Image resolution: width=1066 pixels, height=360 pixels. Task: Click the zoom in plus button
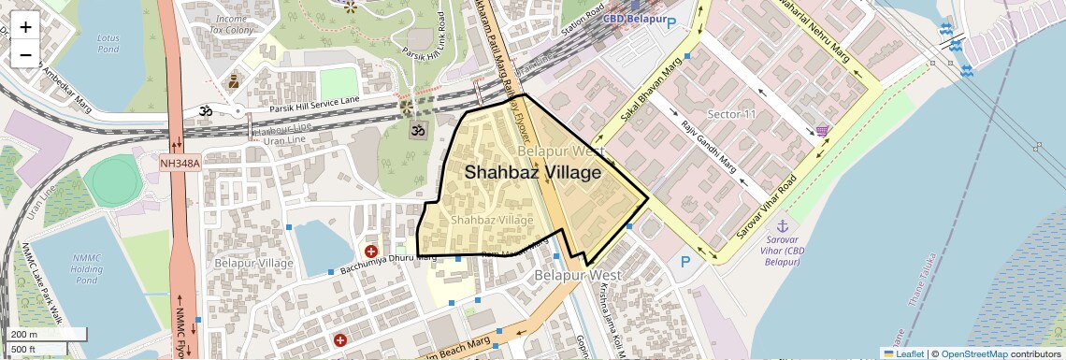click(25, 26)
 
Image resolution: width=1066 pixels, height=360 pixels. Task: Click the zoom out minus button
click(25, 55)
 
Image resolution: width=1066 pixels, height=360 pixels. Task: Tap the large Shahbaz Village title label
click(532, 172)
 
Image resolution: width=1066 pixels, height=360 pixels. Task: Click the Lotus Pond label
click(108, 43)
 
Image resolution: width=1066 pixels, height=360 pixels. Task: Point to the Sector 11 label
click(731, 114)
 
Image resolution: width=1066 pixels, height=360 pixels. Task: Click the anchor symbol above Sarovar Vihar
click(783, 225)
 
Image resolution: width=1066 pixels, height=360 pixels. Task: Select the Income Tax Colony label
click(233, 24)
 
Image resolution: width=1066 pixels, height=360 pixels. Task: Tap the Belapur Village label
click(253, 263)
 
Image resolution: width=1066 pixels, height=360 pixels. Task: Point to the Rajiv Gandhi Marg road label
click(709, 148)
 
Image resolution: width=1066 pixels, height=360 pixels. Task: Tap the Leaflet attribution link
click(903, 353)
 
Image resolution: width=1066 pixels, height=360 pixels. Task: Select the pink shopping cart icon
click(821, 131)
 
